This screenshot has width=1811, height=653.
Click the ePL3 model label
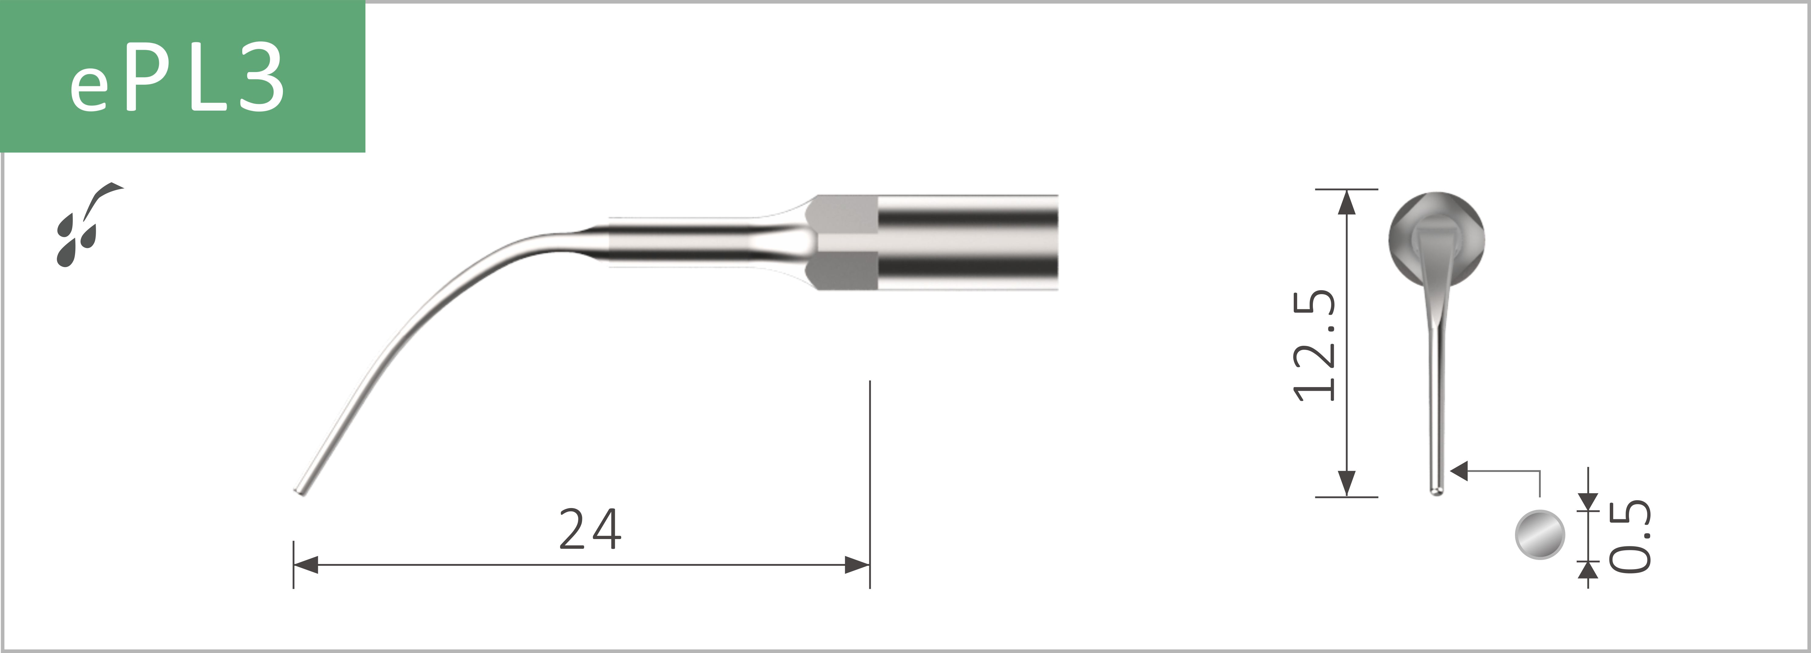tap(177, 79)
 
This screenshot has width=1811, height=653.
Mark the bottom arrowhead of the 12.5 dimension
tap(1346, 484)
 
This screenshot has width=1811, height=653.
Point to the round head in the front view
tap(1436, 225)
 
